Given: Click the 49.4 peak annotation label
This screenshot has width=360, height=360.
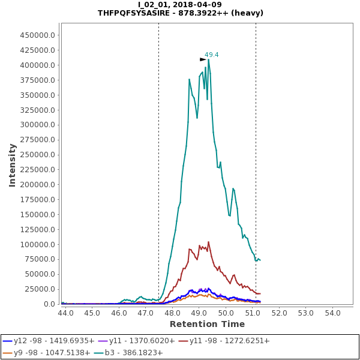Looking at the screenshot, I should click(x=211, y=55).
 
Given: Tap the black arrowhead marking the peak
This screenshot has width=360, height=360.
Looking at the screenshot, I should click(x=203, y=59).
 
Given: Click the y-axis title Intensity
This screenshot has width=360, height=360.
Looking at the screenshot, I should click(x=12, y=164).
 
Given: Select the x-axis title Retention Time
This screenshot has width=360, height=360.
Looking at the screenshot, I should click(x=207, y=324).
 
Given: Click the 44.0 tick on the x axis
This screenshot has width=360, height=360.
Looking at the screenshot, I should click(x=65, y=313).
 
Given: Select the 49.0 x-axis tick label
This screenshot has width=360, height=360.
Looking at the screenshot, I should click(x=199, y=313).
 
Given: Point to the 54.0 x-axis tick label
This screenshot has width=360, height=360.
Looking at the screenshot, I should click(x=333, y=313).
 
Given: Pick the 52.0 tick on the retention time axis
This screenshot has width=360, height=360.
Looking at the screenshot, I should click(x=280, y=313).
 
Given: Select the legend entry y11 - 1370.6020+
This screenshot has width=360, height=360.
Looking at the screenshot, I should click(x=142, y=341).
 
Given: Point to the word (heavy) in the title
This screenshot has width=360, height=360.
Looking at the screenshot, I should click(x=247, y=13).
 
